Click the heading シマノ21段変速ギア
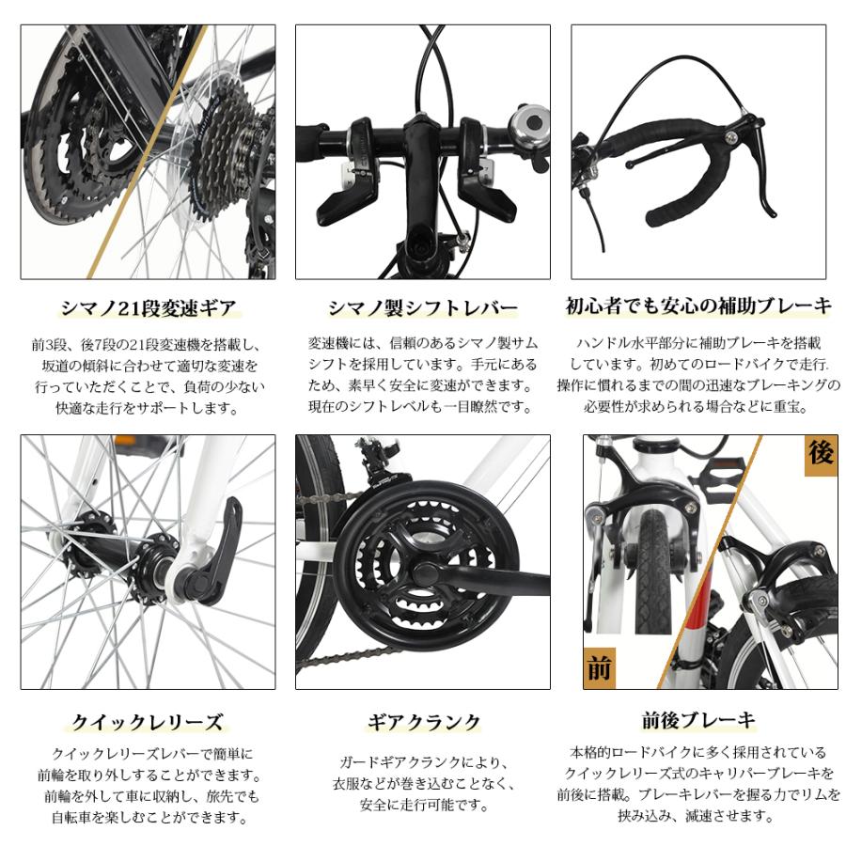tap(148, 307)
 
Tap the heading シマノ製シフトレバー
tap(423, 307)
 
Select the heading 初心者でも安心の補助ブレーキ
tap(698, 305)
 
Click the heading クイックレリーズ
tap(148, 722)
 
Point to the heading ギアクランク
tap(423, 722)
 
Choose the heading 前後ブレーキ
tap(698, 721)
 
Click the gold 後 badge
tap(820, 455)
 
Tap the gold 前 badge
tap(599, 668)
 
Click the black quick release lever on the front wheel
tap(219, 552)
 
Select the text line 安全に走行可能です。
tap(423, 805)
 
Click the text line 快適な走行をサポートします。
tap(148, 407)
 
